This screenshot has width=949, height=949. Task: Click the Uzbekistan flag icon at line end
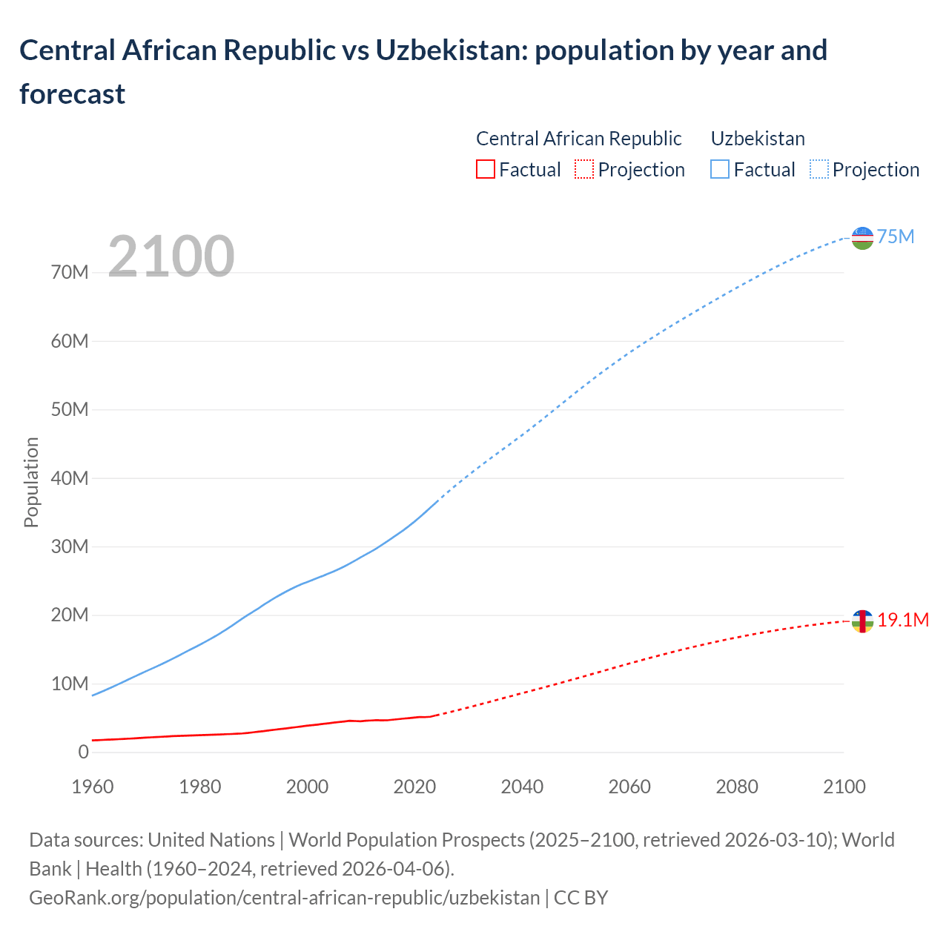[x=862, y=238]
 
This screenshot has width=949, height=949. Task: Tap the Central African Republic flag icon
[x=862, y=621]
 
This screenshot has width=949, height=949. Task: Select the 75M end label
[x=896, y=237]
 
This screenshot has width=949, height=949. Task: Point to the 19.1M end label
[x=903, y=620]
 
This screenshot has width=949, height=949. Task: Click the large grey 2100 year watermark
[x=171, y=257]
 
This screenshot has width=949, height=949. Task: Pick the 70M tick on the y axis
[x=70, y=273]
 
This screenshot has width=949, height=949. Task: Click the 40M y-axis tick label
[x=70, y=478]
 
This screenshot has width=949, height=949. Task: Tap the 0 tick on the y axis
[x=83, y=752]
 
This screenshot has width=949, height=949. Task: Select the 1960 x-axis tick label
[x=93, y=787]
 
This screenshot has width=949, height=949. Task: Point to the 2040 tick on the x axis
[x=522, y=787]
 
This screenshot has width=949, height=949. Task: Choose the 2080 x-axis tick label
[x=737, y=787]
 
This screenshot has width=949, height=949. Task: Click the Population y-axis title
[x=31, y=482]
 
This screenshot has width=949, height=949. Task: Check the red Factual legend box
[x=485, y=170]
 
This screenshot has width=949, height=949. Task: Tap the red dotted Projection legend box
[x=584, y=170]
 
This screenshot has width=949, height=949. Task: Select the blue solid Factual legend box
[x=719, y=170]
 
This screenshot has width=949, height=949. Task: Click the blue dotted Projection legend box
[x=819, y=170]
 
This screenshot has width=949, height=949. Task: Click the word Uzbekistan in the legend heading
[x=758, y=139]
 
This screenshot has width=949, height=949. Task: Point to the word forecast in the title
[x=73, y=94]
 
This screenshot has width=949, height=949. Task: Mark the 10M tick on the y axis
[x=70, y=684]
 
